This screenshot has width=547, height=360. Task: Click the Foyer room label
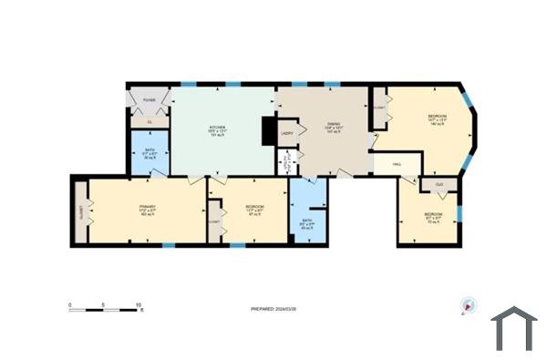tap(149, 100)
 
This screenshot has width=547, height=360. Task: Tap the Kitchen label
tap(218, 129)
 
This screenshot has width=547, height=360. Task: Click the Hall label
tap(397, 164)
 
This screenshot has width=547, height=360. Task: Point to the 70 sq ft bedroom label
tap(434, 217)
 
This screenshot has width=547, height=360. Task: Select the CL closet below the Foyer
tap(149, 121)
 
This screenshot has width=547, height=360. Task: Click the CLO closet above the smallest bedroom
tap(439, 184)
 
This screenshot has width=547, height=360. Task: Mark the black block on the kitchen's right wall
tap(268, 131)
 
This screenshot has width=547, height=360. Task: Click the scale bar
tap(106, 311)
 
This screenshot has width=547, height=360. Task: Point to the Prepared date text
tap(273, 310)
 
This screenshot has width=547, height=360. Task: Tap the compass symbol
tap(469, 306)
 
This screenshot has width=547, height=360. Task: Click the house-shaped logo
tap(514, 328)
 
